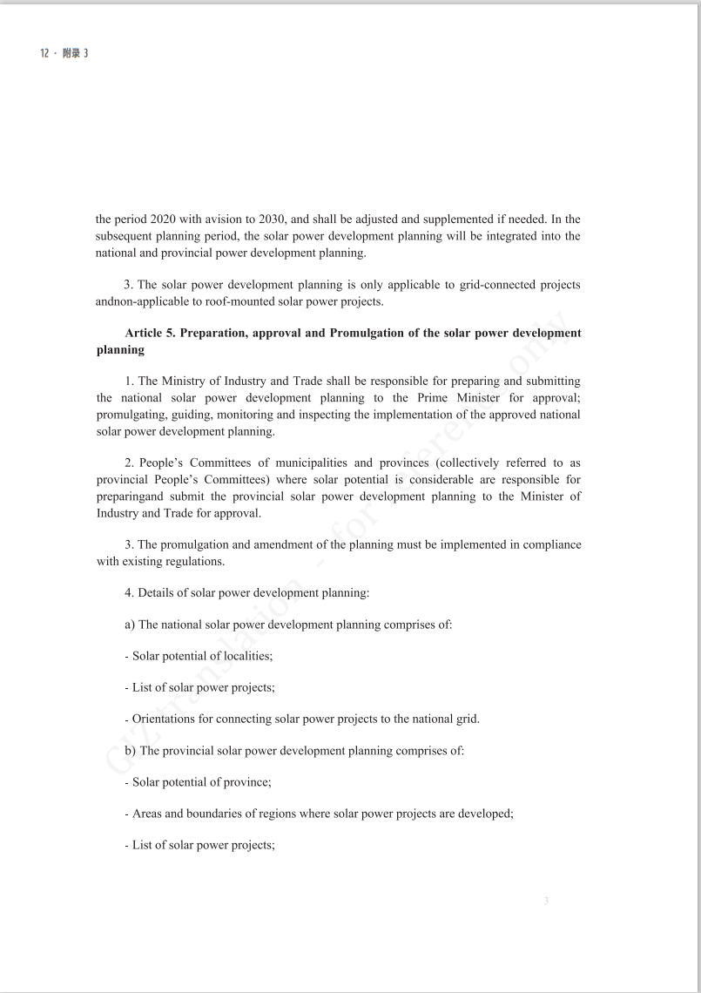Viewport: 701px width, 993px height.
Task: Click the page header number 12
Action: coord(44,53)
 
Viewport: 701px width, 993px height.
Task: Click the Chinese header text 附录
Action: coord(71,53)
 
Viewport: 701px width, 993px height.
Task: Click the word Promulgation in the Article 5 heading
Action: coord(368,334)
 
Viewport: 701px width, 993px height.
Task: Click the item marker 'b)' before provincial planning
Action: coord(131,750)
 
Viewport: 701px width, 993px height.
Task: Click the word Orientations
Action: coord(166,719)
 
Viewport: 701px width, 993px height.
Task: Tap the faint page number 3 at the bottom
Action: coord(546,901)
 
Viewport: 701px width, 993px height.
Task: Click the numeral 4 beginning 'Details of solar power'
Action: coord(128,593)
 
